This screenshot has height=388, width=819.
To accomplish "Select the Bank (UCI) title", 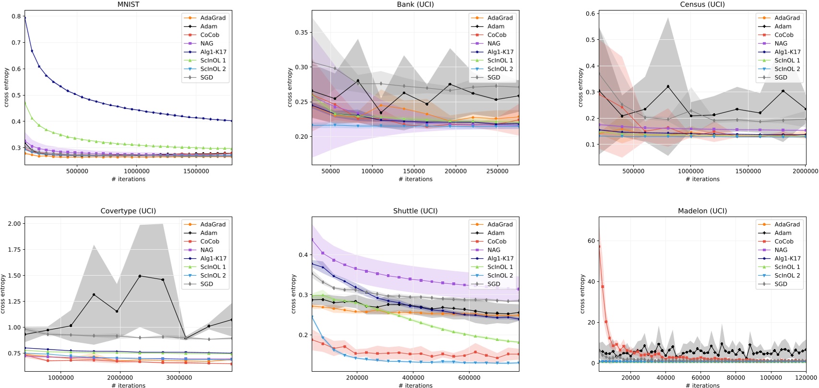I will point(415,4).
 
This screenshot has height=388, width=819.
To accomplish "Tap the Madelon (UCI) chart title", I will point(702,211).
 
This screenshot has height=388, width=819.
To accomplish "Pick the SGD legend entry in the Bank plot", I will point(494,77).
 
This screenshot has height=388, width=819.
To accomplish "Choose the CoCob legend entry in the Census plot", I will point(783,35).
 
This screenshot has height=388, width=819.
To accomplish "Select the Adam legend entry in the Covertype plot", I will point(209,233).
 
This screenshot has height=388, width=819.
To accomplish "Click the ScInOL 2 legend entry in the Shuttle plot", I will point(500,276).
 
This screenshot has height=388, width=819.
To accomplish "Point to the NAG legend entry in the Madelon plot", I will point(781,250).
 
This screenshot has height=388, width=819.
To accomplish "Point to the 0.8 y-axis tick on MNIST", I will point(16,16).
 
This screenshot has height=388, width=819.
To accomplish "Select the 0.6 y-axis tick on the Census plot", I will point(591,14).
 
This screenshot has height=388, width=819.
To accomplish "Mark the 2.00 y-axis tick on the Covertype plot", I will point(14,223).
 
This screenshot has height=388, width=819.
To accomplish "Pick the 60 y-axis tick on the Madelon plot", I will point(591,241).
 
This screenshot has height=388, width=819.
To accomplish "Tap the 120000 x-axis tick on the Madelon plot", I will point(806,378).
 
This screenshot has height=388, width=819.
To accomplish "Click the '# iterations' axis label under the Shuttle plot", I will point(415,385).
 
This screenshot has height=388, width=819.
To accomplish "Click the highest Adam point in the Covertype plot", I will point(140,276).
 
